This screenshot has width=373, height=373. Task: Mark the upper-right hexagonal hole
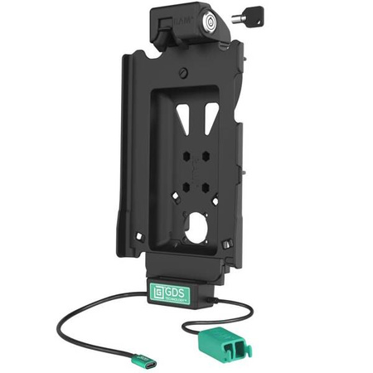[207, 158]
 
